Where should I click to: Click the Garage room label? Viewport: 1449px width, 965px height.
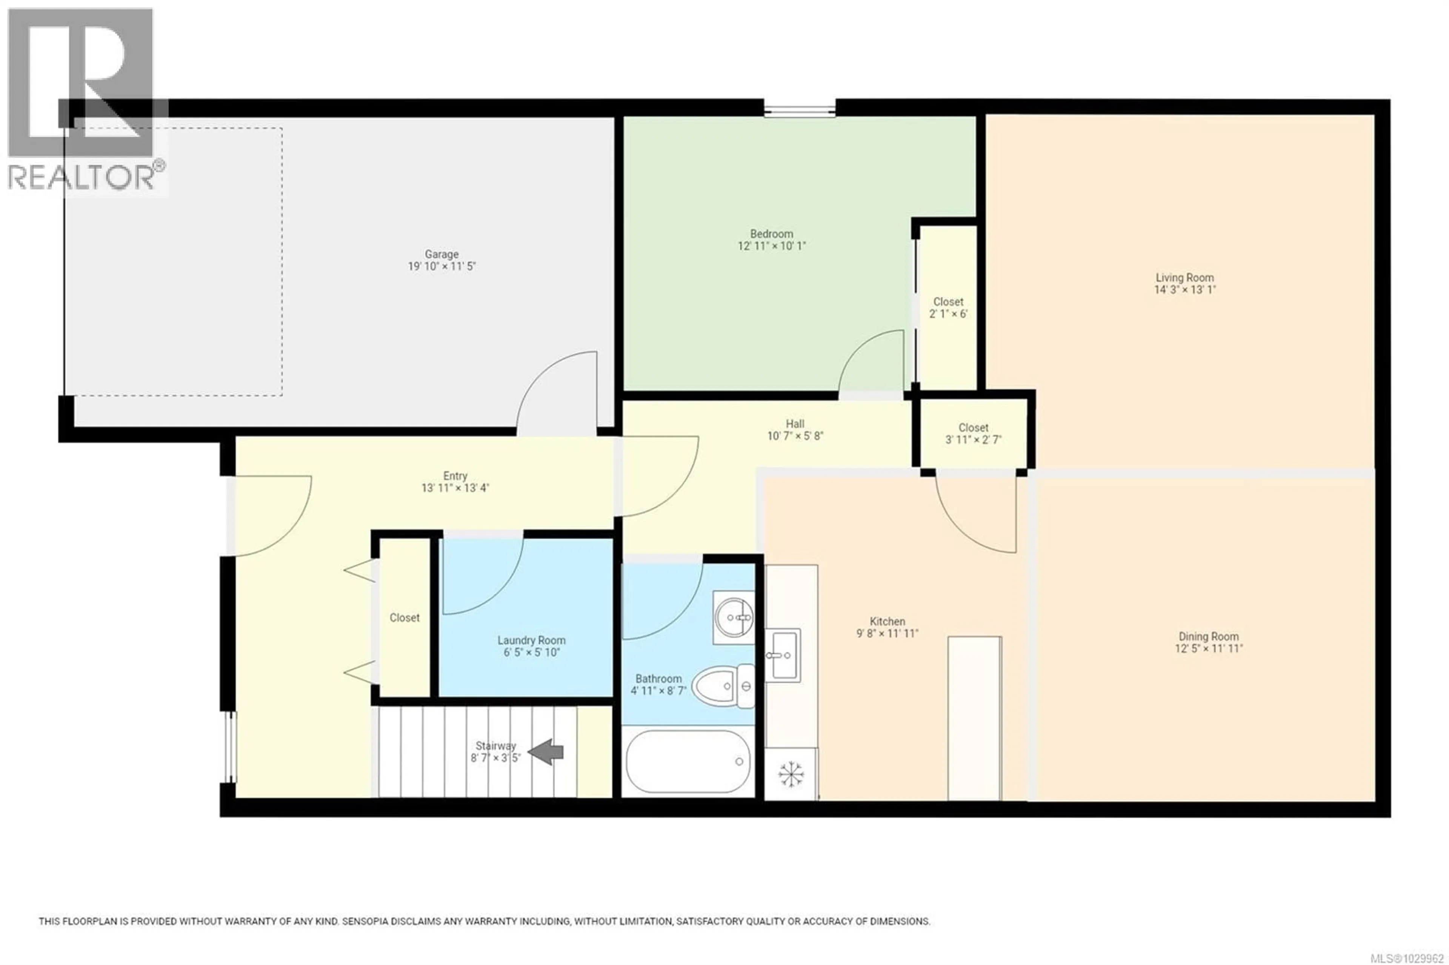click(x=441, y=254)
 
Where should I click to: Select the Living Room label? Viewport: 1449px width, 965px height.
click(x=1184, y=278)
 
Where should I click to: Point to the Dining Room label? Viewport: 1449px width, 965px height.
click(x=1208, y=636)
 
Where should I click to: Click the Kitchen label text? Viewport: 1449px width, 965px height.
click(x=887, y=622)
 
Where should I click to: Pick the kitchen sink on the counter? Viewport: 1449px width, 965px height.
click(x=783, y=655)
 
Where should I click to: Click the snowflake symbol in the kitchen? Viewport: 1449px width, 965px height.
click(x=791, y=774)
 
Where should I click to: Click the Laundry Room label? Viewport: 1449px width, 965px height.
click(x=531, y=641)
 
